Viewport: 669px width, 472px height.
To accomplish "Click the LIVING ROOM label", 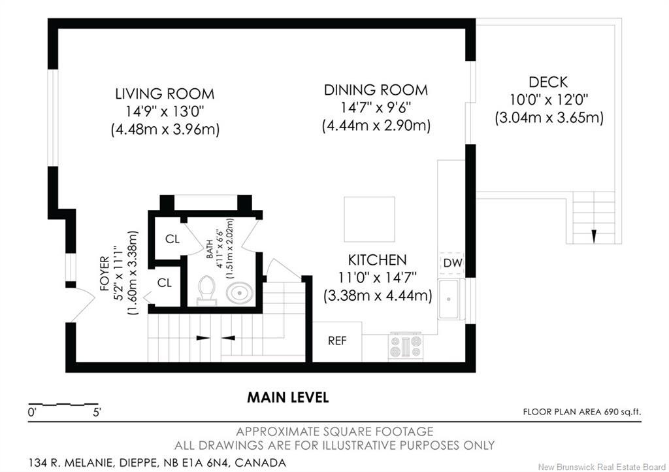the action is (x=165, y=94).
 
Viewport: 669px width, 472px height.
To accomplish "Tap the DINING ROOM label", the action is (x=376, y=90).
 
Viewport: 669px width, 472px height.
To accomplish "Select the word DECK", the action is (x=548, y=82).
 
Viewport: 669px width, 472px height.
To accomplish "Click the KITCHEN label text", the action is (x=377, y=260).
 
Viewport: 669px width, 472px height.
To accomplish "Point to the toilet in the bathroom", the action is (x=207, y=290).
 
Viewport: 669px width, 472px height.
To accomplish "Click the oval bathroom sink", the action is (x=239, y=294).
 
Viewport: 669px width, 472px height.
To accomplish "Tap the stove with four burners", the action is (x=406, y=346).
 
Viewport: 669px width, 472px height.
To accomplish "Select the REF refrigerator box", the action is (x=337, y=341).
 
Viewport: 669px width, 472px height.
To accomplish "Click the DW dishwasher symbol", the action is (x=452, y=263).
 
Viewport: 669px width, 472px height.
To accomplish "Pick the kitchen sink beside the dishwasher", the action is (x=451, y=299).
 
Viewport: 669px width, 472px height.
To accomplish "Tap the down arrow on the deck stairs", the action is (x=593, y=237).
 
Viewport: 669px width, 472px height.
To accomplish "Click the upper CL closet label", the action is (x=172, y=239).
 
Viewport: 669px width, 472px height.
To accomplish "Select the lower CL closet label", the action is (x=164, y=282).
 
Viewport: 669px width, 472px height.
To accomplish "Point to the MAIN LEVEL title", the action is (x=288, y=397).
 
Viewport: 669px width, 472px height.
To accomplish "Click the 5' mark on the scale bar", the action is (x=97, y=413).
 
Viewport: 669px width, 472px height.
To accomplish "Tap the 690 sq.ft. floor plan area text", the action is (x=622, y=412).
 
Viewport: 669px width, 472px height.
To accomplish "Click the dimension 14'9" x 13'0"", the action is (x=165, y=111).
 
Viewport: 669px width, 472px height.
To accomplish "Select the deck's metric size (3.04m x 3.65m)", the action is (x=549, y=118).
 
